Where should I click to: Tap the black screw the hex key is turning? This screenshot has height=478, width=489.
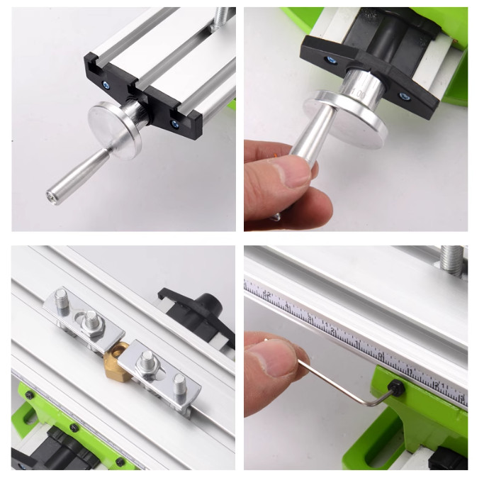398,388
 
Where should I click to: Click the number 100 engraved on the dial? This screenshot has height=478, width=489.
359,92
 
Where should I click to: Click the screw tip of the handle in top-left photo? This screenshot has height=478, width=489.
51,193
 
